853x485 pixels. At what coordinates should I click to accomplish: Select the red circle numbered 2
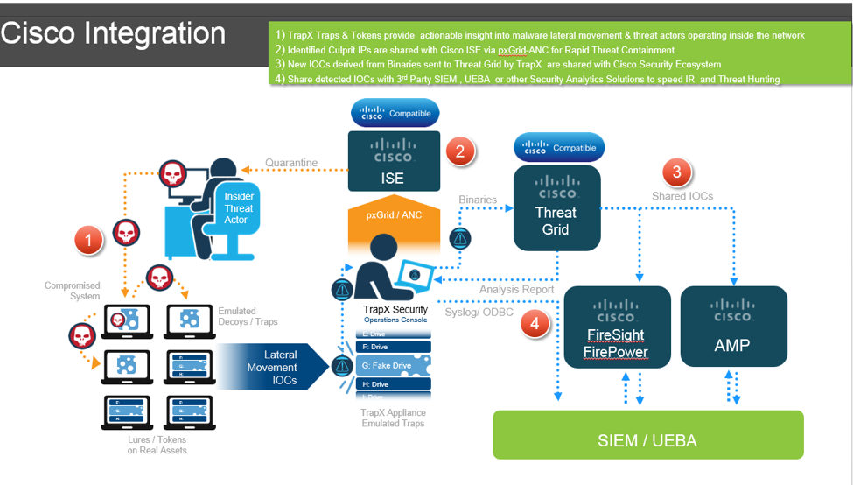[x=460, y=151]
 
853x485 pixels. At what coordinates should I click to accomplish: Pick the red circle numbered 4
[x=535, y=324]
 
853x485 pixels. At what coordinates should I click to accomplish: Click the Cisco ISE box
[x=393, y=161]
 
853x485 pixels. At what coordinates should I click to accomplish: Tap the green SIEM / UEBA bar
[x=647, y=434]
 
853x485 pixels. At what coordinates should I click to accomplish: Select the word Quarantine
[x=291, y=162]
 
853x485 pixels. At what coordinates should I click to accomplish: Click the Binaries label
[x=478, y=200]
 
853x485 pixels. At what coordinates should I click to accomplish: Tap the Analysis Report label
[x=516, y=289]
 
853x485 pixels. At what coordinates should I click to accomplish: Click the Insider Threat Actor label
[x=239, y=208]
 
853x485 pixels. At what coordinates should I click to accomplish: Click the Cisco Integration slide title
[x=114, y=33]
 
